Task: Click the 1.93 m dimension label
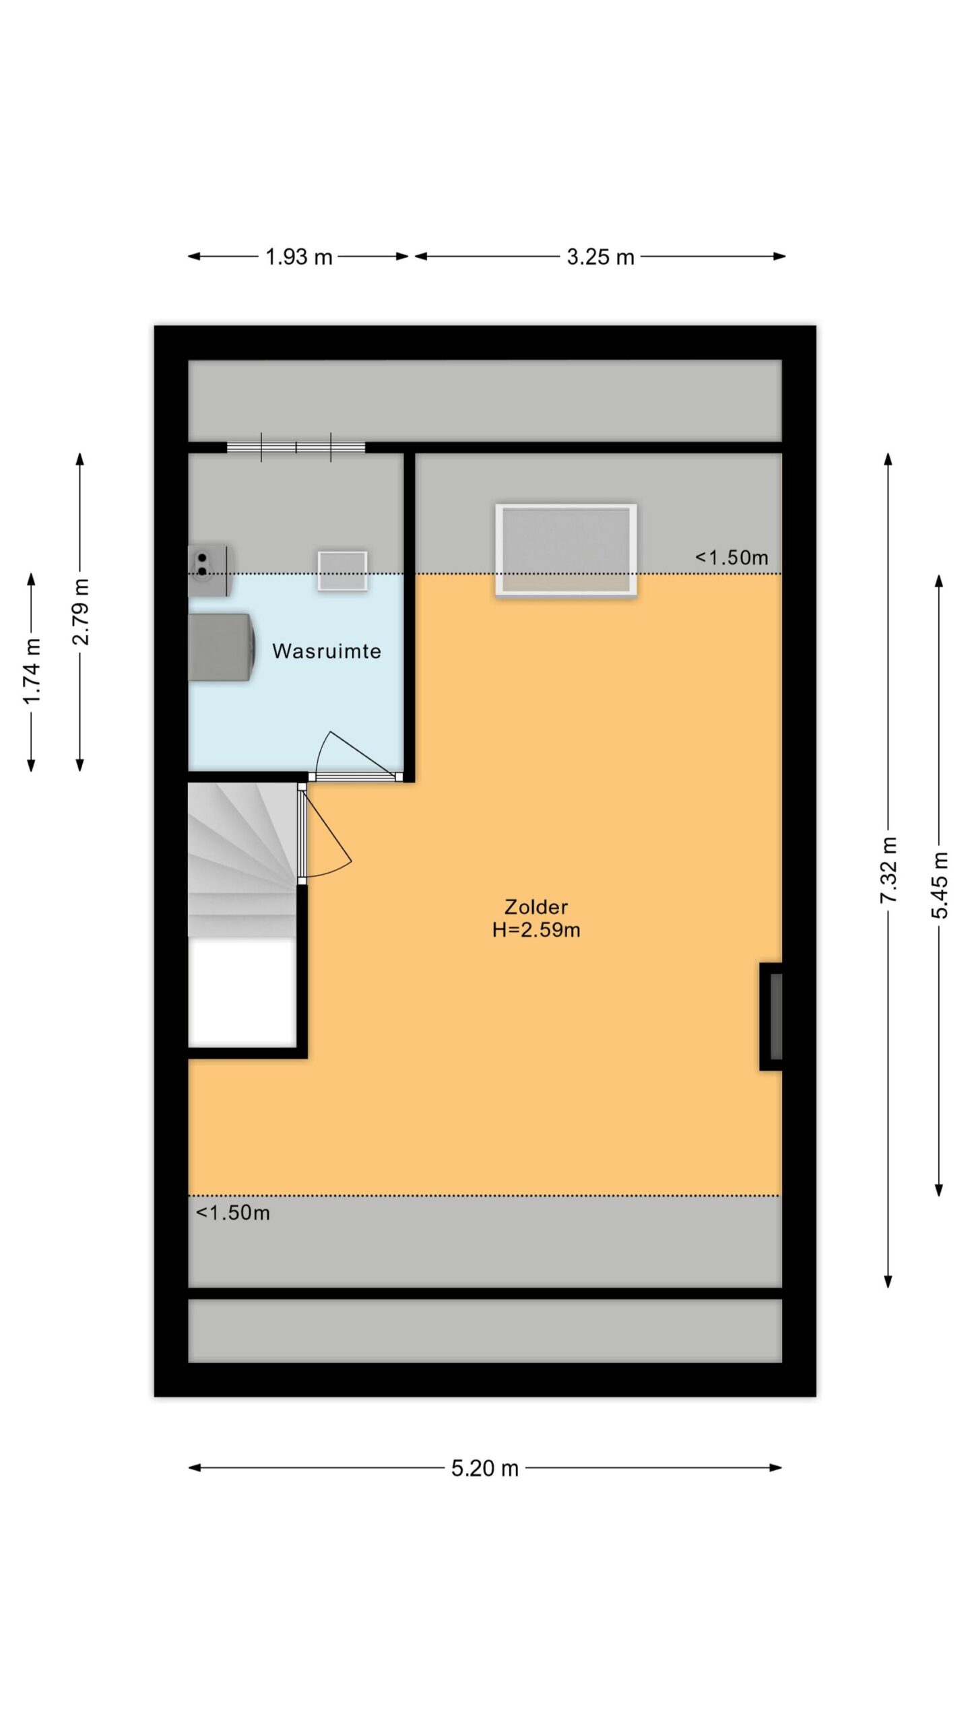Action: (298, 257)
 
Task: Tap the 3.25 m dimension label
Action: (600, 257)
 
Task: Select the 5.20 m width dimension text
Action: (485, 1467)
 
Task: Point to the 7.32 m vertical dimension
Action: (889, 870)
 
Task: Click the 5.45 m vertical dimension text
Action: (940, 885)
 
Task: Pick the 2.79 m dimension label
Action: (80, 611)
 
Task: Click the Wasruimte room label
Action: (327, 651)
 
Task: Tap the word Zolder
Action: (536, 906)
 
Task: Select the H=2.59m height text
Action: (536, 930)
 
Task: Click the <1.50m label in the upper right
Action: (732, 558)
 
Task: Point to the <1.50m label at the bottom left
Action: (233, 1213)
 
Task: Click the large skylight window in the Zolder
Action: (566, 550)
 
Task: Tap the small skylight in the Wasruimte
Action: (343, 571)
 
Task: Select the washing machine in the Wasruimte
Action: (222, 646)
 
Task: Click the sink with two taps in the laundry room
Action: (209, 570)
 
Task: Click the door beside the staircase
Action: (324, 834)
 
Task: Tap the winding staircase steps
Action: (242, 860)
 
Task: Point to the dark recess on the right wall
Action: (772, 1016)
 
